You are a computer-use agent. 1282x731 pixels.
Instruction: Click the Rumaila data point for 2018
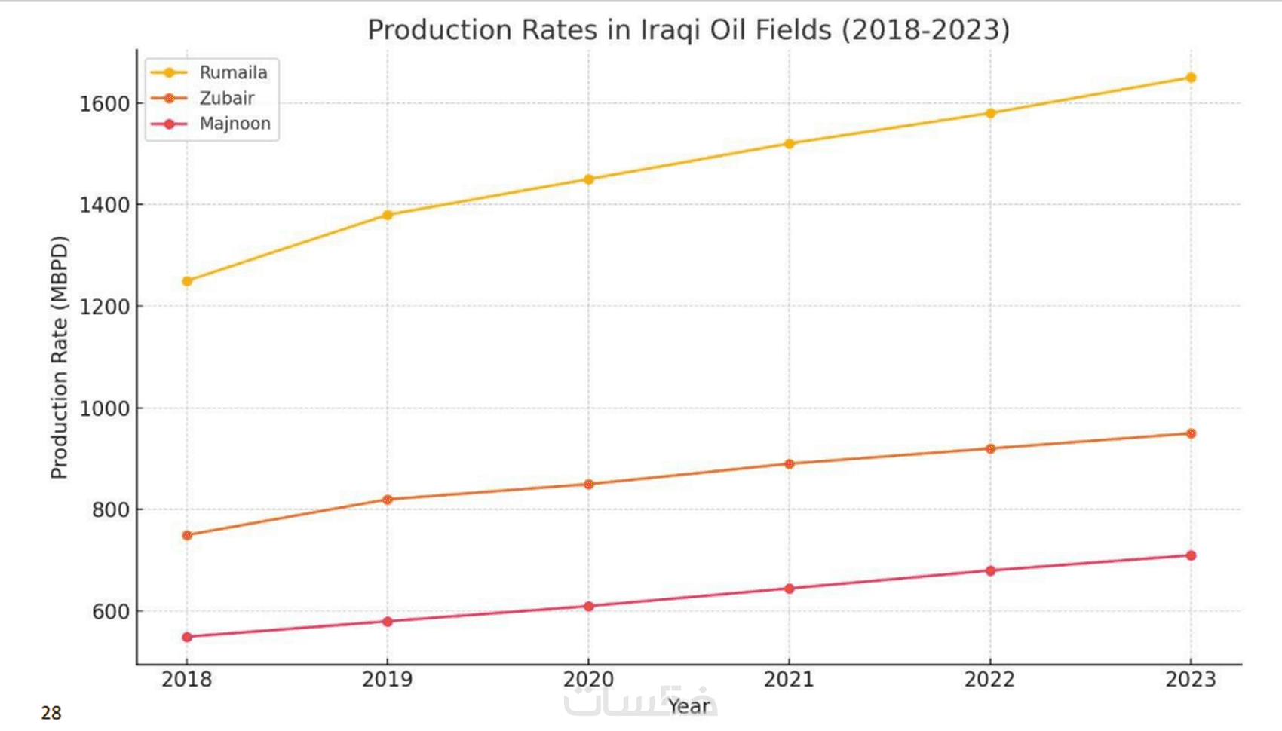187,281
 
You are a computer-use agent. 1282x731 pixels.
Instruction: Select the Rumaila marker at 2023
1191,78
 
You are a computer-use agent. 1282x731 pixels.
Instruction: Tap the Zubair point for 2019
388,500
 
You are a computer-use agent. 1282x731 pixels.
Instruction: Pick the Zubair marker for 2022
990,448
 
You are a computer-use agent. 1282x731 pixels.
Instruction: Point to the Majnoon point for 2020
589,606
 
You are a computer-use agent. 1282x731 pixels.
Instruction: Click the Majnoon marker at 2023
1191,555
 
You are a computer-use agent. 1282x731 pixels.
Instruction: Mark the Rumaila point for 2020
589,179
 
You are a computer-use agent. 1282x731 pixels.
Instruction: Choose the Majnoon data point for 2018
187,637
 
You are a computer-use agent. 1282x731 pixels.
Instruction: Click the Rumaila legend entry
232,72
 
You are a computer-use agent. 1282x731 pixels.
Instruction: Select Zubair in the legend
226,98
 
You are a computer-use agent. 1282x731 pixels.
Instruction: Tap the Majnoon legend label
234,124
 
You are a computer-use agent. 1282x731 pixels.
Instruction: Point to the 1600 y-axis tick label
104,103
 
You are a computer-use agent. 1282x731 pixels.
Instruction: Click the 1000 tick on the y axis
104,408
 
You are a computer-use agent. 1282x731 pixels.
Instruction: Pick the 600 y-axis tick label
110,612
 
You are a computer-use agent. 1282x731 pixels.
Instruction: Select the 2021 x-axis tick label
789,680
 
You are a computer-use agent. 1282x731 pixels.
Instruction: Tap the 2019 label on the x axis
388,680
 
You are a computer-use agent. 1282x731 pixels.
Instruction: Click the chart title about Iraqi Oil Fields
688,30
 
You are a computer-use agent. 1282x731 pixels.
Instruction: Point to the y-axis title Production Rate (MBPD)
60,357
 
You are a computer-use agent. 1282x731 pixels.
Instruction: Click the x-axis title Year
689,706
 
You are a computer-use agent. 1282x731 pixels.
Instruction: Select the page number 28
51,713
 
